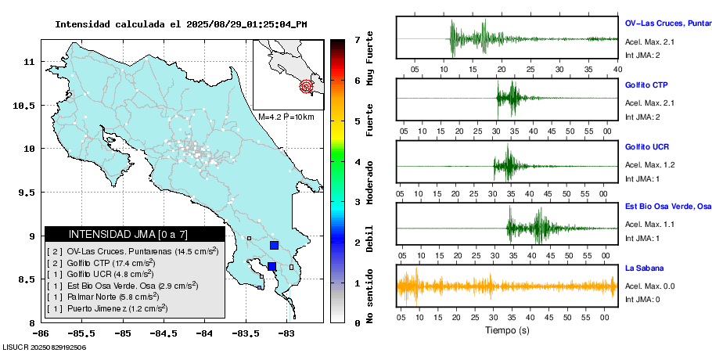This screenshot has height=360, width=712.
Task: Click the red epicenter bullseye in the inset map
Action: [x=307, y=87]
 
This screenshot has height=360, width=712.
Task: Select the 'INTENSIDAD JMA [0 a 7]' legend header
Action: [x=135, y=234]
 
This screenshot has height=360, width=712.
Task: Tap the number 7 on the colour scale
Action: [x=357, y=39]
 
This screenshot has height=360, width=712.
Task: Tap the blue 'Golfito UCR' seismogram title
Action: [x=647, y=146]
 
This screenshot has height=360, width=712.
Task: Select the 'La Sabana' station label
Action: [x=643, y=268]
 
